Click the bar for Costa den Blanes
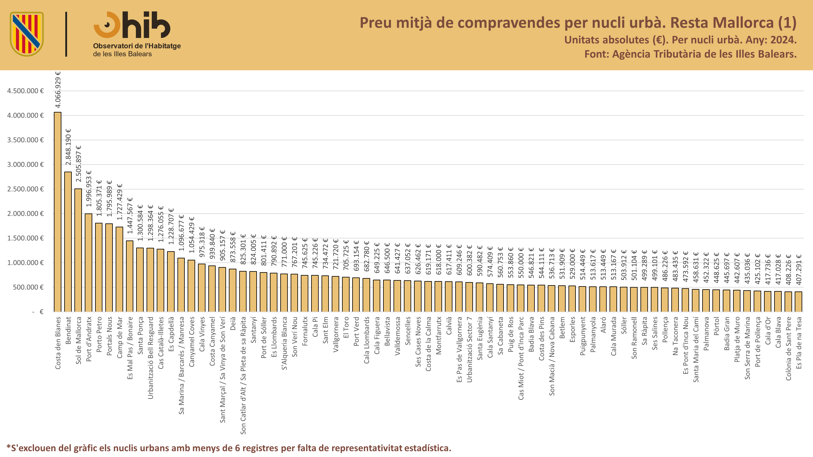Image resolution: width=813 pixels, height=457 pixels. (x=58, y=212)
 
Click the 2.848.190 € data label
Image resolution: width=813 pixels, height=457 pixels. (x=68, y=147)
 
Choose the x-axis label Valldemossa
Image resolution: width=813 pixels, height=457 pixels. (x=397, y=336)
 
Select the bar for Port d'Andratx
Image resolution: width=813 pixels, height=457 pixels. (x=89, y=263)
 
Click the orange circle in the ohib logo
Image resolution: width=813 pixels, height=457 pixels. (x=107, y=25)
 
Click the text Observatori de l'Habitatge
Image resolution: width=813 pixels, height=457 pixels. (x=137, y=46)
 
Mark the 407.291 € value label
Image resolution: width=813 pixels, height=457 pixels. (x=799, y=270)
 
